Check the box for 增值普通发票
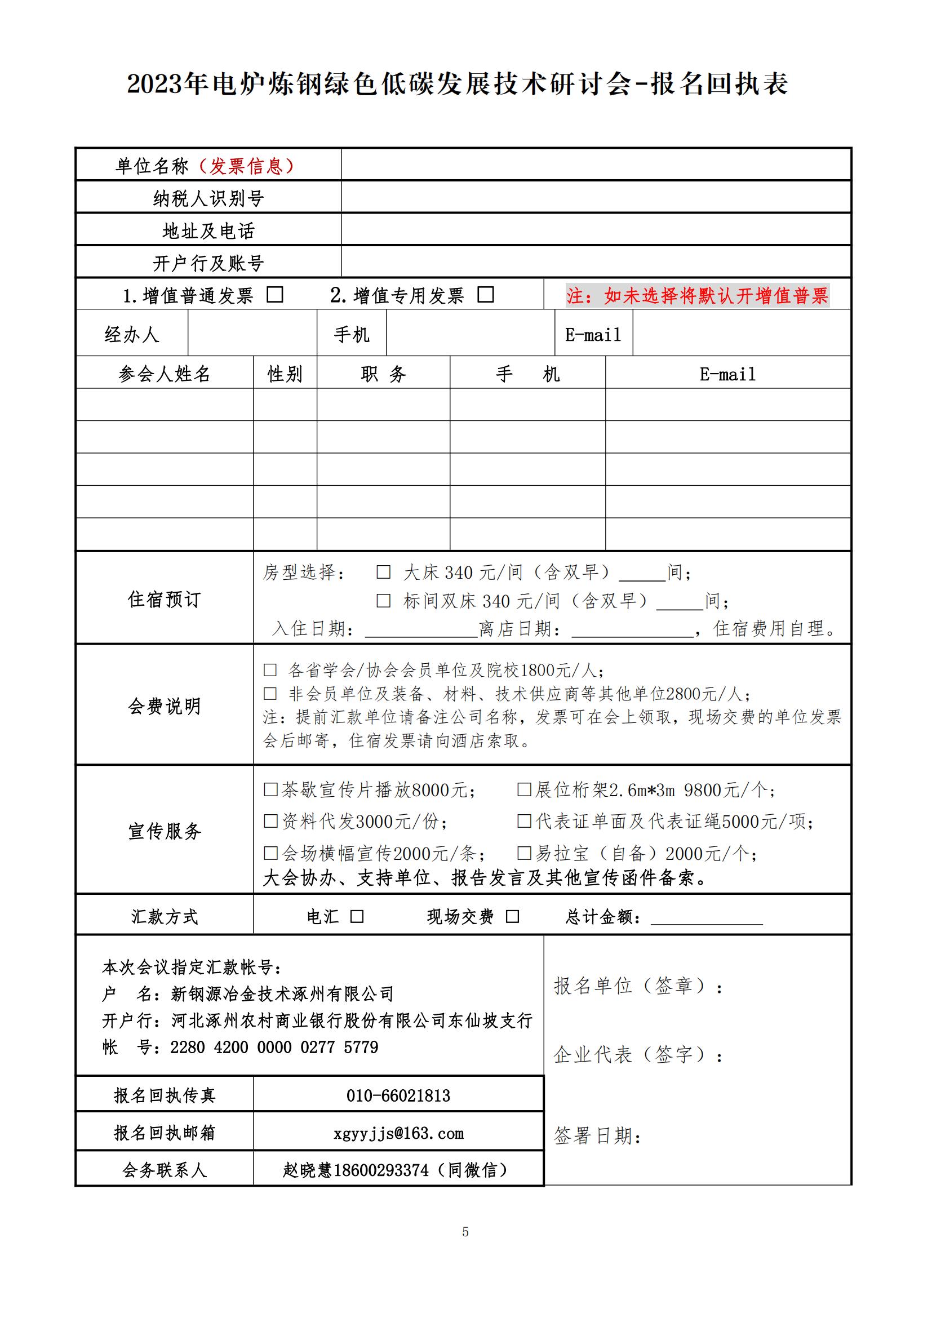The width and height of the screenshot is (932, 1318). (275, 295)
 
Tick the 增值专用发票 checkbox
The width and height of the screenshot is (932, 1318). (486, 295)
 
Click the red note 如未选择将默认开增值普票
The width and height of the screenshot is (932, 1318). (697, 296)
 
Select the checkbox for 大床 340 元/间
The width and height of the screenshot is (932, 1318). (383, 572)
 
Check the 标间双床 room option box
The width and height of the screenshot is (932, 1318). (383, 601)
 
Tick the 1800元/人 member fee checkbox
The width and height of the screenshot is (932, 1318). (270, 670)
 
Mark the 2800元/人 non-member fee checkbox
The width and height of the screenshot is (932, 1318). (270, 694)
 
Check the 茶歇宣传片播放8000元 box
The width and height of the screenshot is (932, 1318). (270, 790)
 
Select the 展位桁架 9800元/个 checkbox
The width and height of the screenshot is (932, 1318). (524, 789)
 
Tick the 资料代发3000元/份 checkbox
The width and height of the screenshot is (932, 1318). (270, 822)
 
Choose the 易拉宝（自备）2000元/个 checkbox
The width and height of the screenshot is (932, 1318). (524, 853)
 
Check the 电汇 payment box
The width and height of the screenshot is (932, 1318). (357, 916)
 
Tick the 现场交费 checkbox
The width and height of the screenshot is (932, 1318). (512, 916)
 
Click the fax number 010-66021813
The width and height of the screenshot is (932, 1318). (398, 1095)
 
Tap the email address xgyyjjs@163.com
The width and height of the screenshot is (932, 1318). (398, 1133)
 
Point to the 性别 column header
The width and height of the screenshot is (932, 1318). (285, 374)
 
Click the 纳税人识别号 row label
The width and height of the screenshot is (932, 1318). (208, 198)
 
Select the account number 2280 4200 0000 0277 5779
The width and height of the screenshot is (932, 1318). (274, 1047)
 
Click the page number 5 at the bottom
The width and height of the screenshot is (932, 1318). (465, 1232)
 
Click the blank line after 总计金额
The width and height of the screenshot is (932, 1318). (707, 918)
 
